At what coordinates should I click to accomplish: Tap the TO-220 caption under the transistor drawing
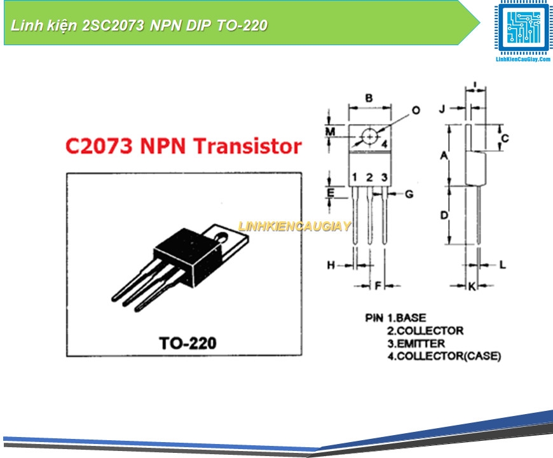tap(188, 343)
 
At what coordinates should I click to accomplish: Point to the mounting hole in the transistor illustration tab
tap(223, 237)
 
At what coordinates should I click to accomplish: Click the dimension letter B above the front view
tap(369, 98)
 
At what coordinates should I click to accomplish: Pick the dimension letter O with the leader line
tap(416, 110)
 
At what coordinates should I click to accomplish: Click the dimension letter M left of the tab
tap(330, 132)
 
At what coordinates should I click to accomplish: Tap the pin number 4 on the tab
tap(385, 144)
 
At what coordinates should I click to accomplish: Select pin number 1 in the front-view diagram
tap(355, 177)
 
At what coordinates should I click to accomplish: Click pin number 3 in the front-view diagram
tap(384, 177)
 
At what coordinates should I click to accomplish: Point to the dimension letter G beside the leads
tap(409, 193)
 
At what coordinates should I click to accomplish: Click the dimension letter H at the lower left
tap(331, 265)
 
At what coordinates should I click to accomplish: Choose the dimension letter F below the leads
tap(378, 286)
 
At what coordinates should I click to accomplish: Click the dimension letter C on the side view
tap(505, 138)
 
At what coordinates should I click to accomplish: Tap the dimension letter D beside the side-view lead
tap(444, 216)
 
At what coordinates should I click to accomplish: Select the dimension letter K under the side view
tap(472, 287)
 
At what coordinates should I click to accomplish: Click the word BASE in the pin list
tap(411, 317)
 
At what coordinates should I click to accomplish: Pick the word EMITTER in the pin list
tap(421, 343)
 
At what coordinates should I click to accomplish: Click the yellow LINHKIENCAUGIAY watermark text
tap(294, 226)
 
